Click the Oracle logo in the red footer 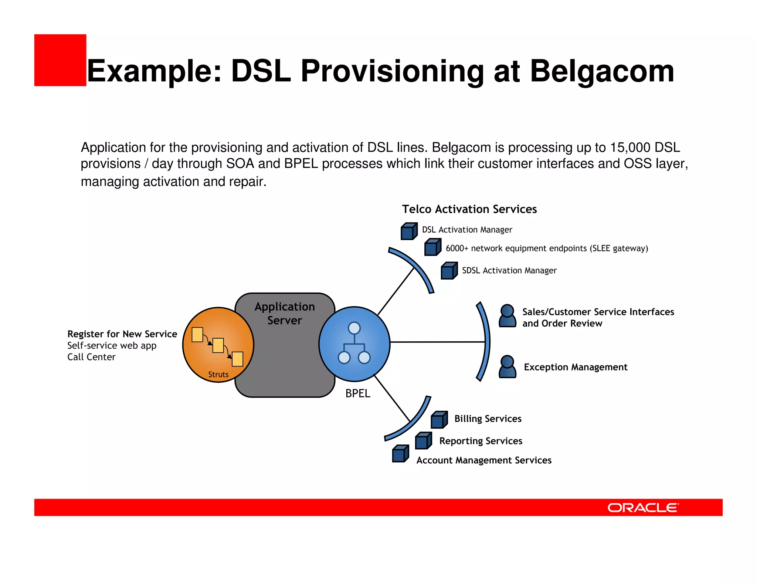click(x=643, y=507)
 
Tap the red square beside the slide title click(x=60, y=60)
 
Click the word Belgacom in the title click(x=602, y=71)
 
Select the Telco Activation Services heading click(x=469, y=209)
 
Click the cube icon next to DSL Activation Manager click(x=409, y=231)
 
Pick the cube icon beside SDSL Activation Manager click(x=449, y=271)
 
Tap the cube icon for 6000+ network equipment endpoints click(x=432, y=247)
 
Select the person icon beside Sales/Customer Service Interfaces click(x=507, y=316)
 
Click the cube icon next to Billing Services click(x=439, y=420)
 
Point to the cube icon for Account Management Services click(x=400, y=454)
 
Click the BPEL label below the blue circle click(x=357, y=393)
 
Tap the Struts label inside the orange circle click(x=218, y=375)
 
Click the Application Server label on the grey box click(x=285, y=314)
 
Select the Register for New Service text click(x=122, y=334)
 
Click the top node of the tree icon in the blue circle click(x=354, y=328)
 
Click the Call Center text click(x=91, y=357)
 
